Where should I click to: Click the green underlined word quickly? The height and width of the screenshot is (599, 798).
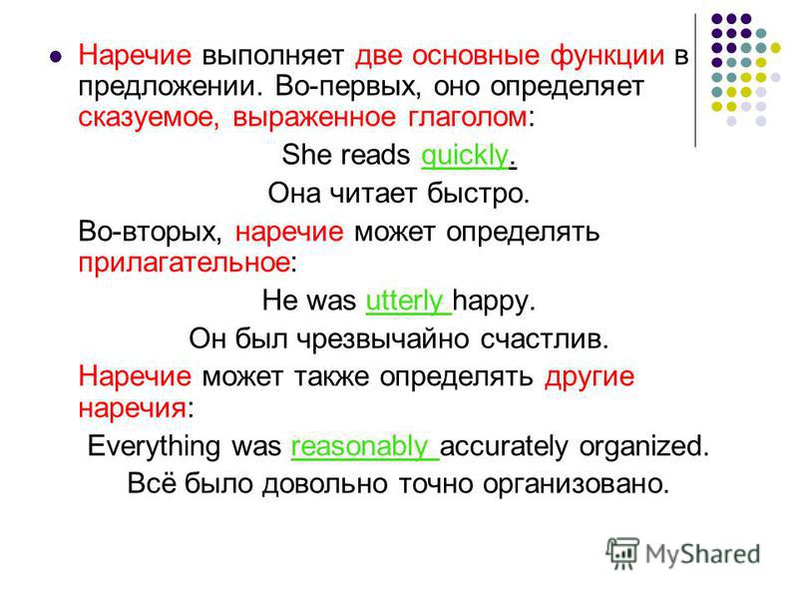click(464, 156)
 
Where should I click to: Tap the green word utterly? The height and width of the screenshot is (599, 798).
click(404, 300)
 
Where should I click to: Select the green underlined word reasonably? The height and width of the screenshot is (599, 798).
click(359, 446)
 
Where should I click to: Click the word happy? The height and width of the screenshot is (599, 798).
click(494, 301)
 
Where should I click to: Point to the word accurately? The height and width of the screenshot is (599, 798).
click(504, 446)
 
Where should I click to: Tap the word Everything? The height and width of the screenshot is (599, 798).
click(155, 446)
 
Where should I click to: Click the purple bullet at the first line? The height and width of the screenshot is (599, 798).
click(56, 56)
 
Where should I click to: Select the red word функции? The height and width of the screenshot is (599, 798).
click(607, 55)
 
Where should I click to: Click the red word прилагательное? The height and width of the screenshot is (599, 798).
click(184, 263)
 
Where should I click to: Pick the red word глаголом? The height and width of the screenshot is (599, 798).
click(467, 117)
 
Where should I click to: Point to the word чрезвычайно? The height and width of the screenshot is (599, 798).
click(382, 338)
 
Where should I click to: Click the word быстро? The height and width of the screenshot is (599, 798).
click(478, 194)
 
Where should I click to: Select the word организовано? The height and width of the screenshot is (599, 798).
click(576, 484)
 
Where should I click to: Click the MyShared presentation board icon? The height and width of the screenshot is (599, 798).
click(621, 553)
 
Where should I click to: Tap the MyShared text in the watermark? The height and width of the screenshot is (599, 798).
click(703, 554)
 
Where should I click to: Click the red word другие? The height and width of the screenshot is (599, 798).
click(590, 378)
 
